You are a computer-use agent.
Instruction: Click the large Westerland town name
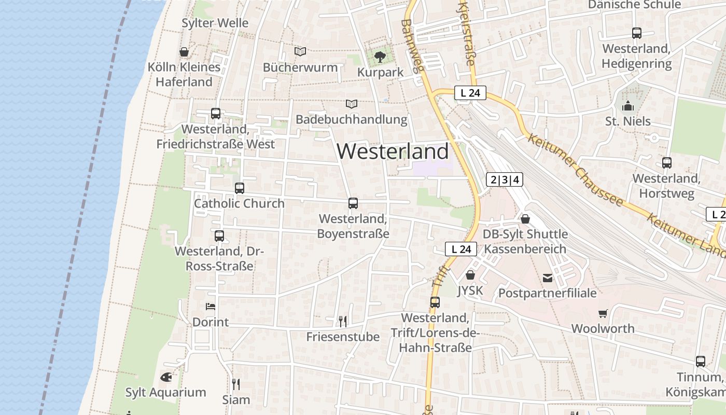pos(393,151)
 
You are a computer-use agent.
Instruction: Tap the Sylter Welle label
pos(215,23)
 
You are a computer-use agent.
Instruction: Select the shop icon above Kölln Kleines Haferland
pos(184,52)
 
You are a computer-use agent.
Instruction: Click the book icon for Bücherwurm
pos(300,51)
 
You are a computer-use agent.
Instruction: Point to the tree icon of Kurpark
pos(380,56)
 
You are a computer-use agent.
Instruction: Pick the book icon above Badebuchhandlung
pos(352,104)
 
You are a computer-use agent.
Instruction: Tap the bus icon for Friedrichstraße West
pos(216,114)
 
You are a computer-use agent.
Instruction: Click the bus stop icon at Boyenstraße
pos(353,203)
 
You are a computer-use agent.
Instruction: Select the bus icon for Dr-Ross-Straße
pos(219,236)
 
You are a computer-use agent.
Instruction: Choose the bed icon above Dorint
pos(211,306)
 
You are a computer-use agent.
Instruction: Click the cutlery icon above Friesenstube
pos(342,322)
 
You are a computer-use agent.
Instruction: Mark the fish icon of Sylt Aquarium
pos(166,377)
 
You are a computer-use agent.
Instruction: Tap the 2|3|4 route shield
pos(505,180)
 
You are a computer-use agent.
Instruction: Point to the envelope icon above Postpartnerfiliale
pos(547,278)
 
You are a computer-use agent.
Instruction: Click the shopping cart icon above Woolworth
pos(603,313)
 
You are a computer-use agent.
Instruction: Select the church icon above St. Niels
pos(628,106)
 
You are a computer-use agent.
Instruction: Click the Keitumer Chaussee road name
pos(575,170)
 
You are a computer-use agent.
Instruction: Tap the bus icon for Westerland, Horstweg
pos(667,163)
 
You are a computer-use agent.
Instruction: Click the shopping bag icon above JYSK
pos(470,275)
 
